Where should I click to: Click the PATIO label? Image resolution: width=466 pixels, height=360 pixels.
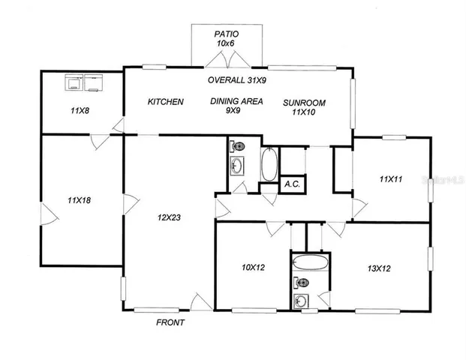coord(227,34)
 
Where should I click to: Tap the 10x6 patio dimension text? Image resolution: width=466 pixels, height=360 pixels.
coord(227,44)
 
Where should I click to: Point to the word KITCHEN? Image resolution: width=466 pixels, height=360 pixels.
coord(165,102)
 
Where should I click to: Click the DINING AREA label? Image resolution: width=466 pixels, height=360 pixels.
coord(236,101)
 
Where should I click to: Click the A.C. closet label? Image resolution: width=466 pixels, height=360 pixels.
coord(292,184)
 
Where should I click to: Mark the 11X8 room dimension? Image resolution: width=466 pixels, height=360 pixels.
coord(80,111)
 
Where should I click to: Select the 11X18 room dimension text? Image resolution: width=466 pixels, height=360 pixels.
coord(79,200)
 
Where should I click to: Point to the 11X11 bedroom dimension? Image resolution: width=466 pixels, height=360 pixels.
coord(391,179)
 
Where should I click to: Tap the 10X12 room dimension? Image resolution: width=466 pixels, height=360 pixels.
coord(254,268)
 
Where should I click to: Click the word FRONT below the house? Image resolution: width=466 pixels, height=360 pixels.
coord(170,322)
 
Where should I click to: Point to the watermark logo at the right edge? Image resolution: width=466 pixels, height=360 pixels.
coord(443,181)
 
